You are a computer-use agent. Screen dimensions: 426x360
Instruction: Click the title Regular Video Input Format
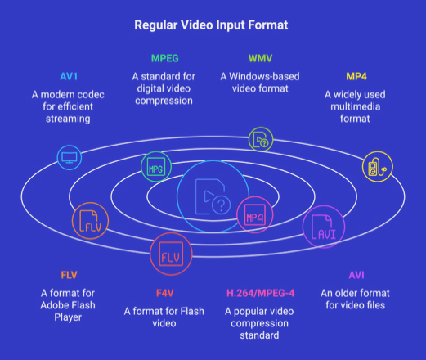coord(211,25)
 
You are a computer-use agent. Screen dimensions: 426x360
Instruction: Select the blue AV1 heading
coord(69,76)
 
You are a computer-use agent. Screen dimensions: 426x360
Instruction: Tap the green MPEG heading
coord(165,58)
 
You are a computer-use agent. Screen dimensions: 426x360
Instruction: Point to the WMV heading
coord(260,58)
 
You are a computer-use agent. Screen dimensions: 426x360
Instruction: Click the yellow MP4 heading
coord(356,76)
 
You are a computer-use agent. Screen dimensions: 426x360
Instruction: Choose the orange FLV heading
coord(69,275)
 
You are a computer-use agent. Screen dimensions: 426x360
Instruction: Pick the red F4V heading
coord(165,293)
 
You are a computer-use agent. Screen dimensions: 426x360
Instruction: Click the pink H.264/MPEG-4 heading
coord(261,293)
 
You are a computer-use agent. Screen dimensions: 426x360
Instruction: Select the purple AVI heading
coord(356,275)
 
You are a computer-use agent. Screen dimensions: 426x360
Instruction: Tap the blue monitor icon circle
coord(70,158)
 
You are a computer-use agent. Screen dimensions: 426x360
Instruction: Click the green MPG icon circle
coord(156,167)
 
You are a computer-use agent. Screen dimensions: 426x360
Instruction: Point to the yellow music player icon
coord(378,167)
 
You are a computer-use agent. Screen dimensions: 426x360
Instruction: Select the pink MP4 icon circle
coord(255,214)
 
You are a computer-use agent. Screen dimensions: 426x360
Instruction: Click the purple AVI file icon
coord(324,227)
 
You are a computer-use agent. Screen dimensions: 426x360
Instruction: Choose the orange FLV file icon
coord(90,221)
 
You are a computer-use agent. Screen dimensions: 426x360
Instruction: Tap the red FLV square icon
coord(171,254)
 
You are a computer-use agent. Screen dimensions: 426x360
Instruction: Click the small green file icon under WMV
coord(261,139)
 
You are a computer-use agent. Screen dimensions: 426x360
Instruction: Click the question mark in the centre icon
coord(222,205)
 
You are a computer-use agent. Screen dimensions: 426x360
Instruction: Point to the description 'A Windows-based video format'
coord(260,83)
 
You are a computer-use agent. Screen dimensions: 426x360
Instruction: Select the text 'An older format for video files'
coord(355,299)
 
